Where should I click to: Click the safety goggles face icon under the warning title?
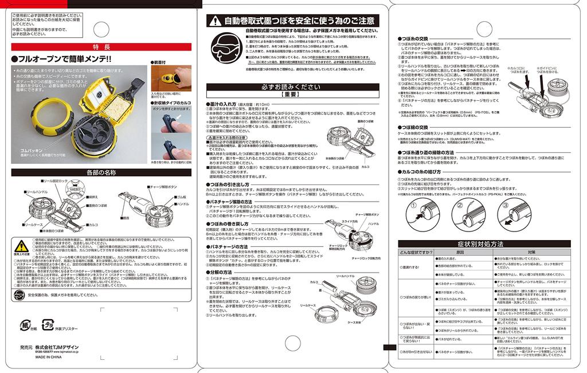click(x=225, y=46)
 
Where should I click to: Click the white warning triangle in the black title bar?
click(x=214, y=21)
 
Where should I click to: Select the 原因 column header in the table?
click(x=459, y=252)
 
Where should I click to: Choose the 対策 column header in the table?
click(x=531, y=252)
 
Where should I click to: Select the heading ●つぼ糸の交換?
click(x=417, y=39)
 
